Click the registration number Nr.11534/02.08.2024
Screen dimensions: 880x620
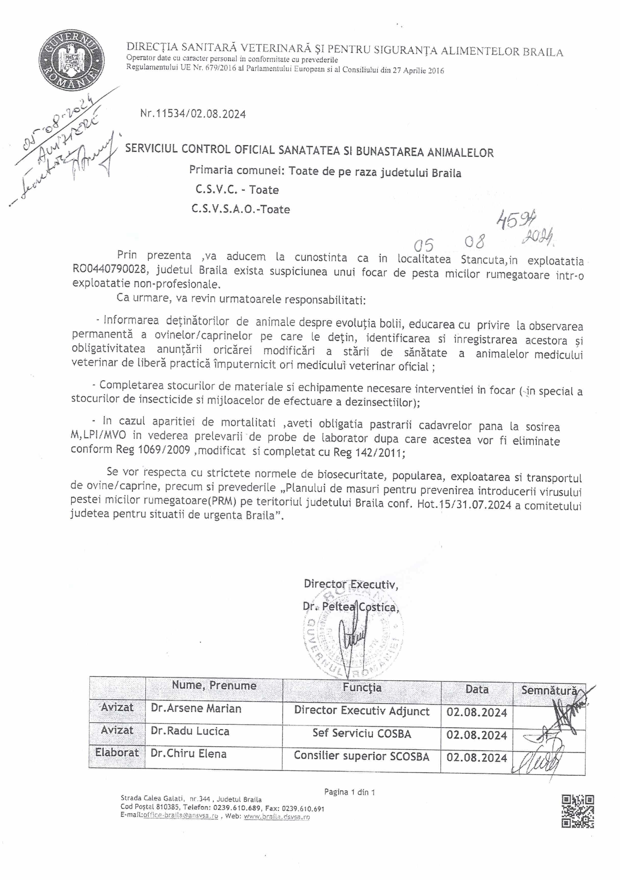click(193, 114)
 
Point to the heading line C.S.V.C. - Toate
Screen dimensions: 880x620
click(237, 190)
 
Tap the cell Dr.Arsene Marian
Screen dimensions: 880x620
click(196, 708)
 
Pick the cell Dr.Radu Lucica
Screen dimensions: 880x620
click(190, 731)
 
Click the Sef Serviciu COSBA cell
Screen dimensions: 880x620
click(361, 734)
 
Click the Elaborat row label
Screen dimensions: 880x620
click(117, 752)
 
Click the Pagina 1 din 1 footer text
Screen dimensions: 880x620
click(349, 792)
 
